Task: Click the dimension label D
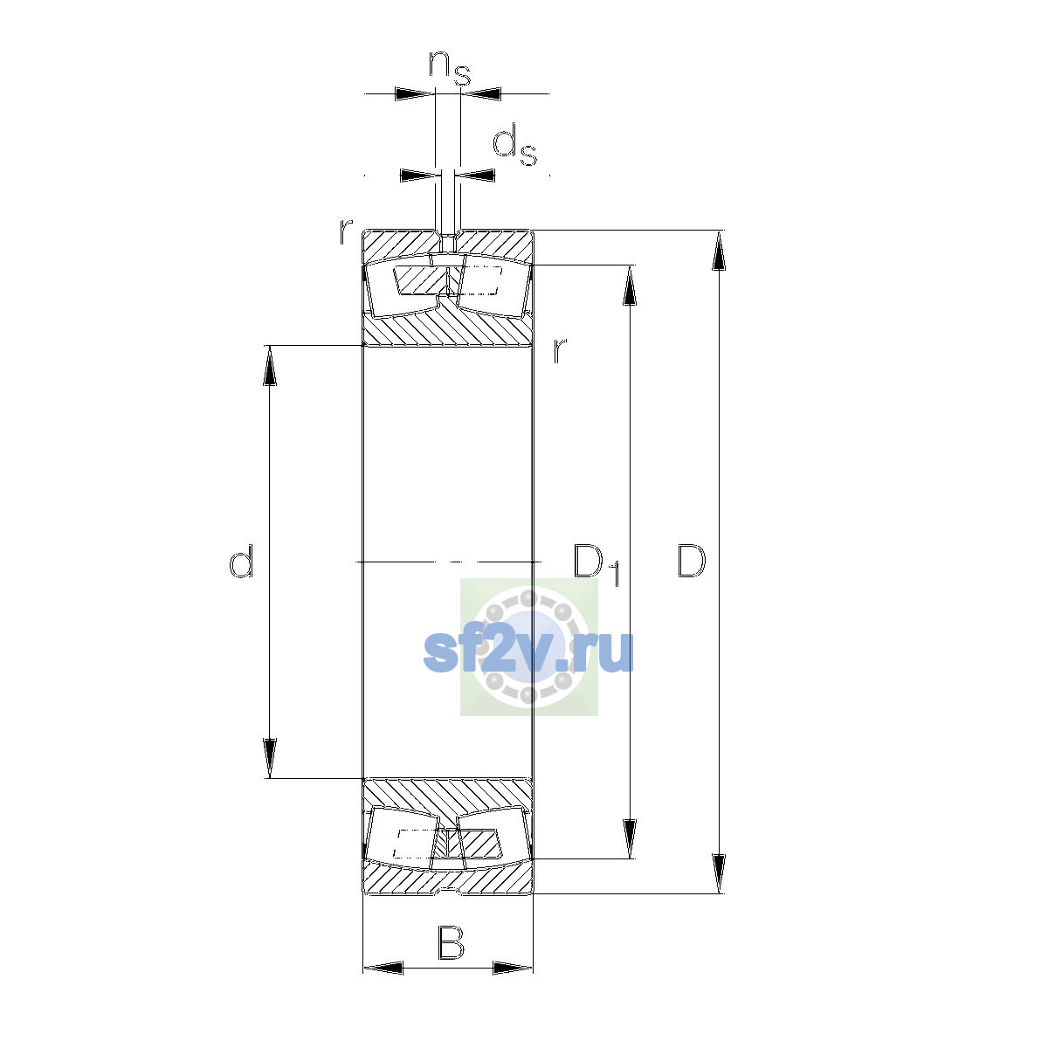click(x=691, y=560)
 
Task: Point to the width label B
click(x=451, y=942)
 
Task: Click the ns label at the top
click(x=450, y=68)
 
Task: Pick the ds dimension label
click(x=514, y=145)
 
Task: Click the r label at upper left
click(x=346, y=231)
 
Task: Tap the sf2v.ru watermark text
click(x=528, y=652)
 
